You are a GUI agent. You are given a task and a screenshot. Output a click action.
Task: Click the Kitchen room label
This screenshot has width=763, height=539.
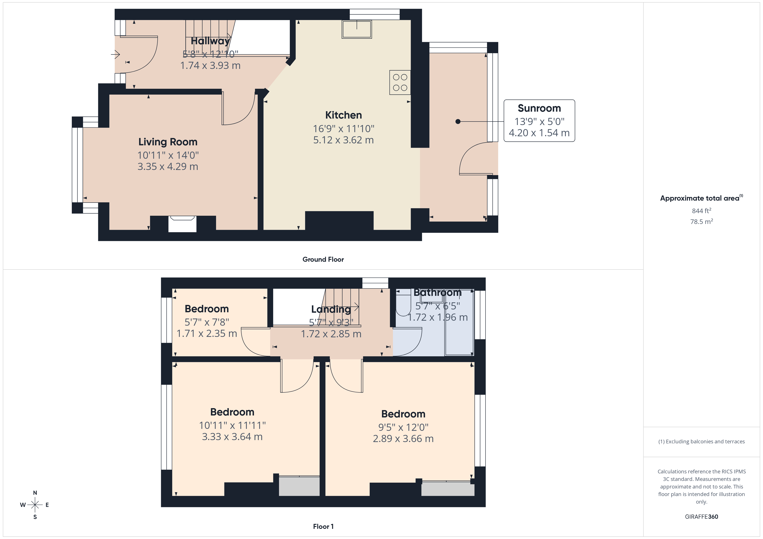pos(343,115)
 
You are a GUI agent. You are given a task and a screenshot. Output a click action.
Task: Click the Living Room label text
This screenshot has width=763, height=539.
pos(168,142)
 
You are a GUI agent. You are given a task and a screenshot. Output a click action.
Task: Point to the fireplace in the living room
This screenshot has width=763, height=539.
pos(182,224)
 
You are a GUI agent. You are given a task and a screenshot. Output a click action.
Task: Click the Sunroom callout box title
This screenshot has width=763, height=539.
pos(539,108)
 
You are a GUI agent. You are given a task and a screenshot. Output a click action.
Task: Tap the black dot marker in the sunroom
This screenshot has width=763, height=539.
pos(458,122)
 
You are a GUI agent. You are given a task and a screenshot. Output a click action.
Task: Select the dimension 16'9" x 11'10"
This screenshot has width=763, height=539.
pos(343,129)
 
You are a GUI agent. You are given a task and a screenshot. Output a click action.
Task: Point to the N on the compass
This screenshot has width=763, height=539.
pos(35,493)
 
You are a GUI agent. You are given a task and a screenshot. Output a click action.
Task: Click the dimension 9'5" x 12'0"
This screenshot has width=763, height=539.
pos(403,428)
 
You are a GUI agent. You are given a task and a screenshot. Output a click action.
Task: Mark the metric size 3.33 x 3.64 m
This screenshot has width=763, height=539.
pos(232,437)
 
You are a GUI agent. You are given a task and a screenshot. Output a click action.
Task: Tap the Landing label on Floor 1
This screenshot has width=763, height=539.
pos(331,309)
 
